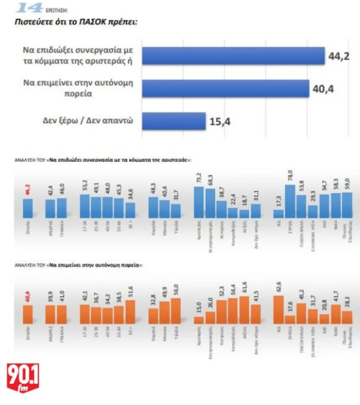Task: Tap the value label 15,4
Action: (220, 121)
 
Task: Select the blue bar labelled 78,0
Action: (290, 201)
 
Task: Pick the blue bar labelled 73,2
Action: (199, 202)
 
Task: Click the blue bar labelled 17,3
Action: (278, 213)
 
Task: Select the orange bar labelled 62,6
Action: (278, 309)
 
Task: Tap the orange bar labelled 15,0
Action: (199, 319)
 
